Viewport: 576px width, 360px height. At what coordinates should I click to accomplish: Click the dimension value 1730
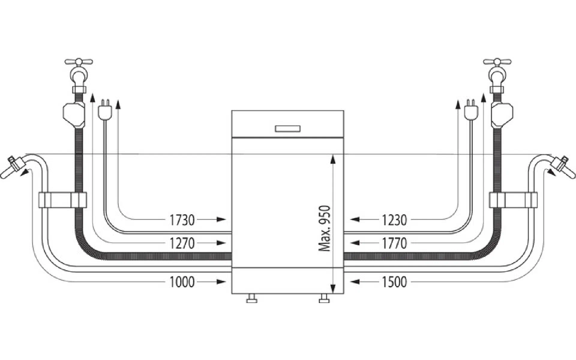point(182,220)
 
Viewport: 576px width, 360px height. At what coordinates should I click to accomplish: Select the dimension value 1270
point(182,243)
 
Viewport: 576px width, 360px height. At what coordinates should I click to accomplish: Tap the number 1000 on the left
point(182,282)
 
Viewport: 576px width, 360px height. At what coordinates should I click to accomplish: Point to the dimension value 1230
point(394,220)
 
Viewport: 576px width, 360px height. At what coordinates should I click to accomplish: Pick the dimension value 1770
point(394,243)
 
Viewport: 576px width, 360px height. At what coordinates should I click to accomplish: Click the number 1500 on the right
point(394,282)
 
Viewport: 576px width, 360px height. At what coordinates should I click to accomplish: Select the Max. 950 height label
point(324,229)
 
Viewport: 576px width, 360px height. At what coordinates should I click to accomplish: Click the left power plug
point(105,109)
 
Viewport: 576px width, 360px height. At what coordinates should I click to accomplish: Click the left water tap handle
point(79,62)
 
